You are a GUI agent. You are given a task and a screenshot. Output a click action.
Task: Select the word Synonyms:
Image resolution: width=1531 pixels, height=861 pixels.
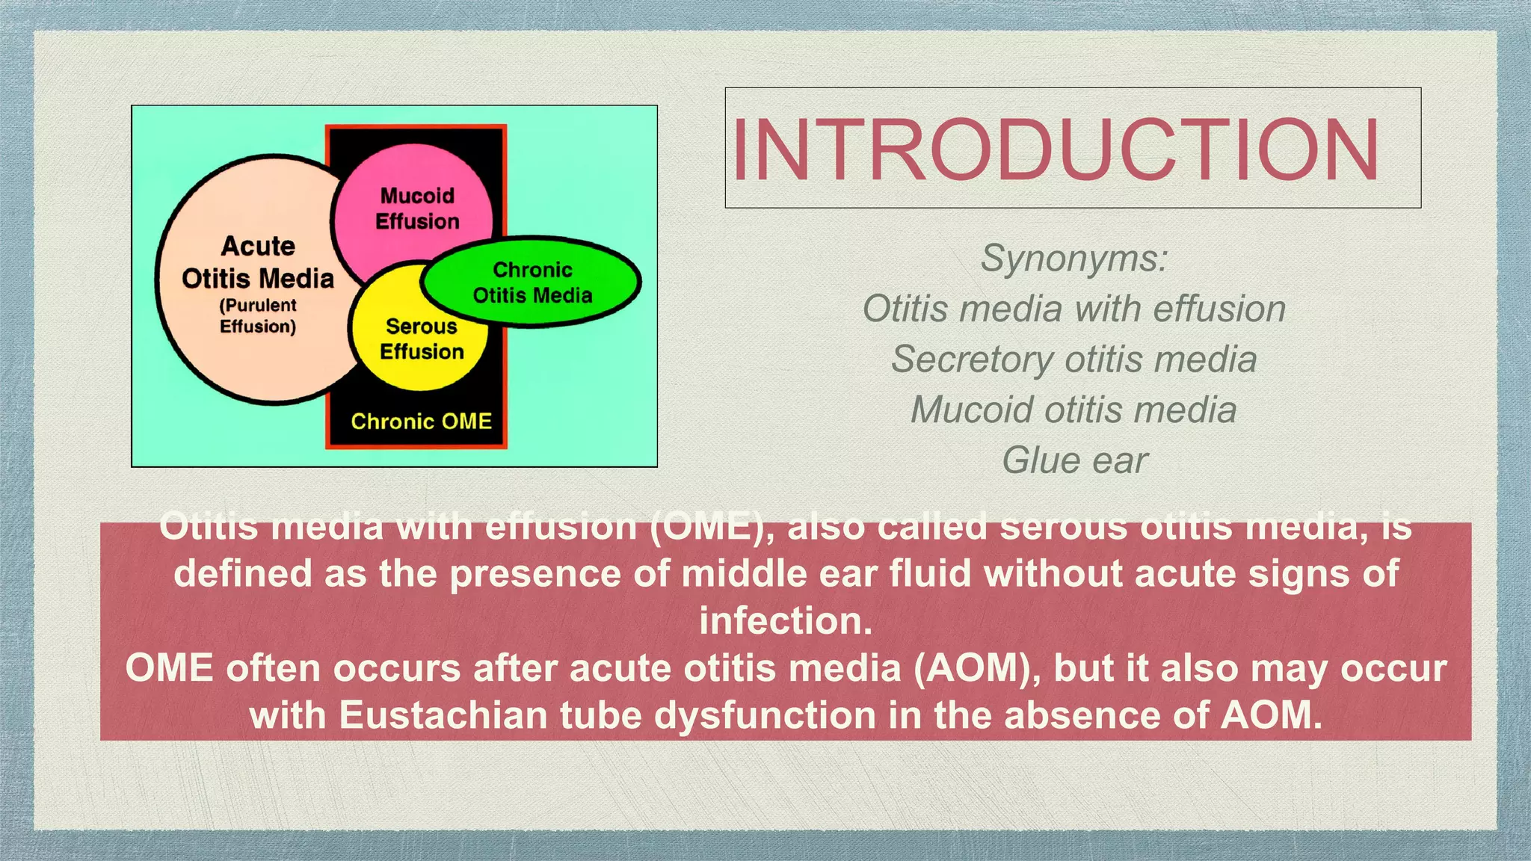click(1074, 259)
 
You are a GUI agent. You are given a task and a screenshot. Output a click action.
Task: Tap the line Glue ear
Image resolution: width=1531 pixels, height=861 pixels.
click(1074, 460)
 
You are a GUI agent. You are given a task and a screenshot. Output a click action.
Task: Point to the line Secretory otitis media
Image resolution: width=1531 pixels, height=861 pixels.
click(1074, 359)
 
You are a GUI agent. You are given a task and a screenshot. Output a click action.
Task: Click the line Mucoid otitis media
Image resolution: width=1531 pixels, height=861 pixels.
click(1074, 410)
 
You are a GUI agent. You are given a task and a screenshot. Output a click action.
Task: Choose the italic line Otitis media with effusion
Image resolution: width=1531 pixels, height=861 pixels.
click(1074, 309)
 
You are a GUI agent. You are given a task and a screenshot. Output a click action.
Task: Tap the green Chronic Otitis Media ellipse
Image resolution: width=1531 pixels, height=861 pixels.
click(532, 283)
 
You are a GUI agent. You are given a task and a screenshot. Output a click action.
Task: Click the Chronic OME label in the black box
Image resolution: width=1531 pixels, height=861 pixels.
click(421, 422)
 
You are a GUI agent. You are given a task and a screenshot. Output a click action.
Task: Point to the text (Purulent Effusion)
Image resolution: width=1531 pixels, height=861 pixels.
click(258, 316)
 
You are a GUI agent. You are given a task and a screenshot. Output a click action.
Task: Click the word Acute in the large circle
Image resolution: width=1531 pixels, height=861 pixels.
click(258, 246)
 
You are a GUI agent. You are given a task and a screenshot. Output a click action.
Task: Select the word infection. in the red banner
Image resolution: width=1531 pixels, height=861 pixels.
click(786, 621)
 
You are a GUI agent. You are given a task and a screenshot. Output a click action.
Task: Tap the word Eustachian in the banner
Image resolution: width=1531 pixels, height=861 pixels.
click(443, 715)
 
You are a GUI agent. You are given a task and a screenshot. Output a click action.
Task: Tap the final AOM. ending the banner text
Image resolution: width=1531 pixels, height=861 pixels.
click(1271, 715)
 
